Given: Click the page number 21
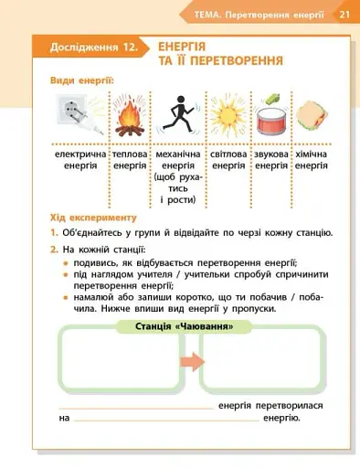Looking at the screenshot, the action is [x=344, y=15].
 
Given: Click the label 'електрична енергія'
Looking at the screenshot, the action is [x=80, y=161].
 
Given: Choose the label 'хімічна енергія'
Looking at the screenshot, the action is [x=312, y=161].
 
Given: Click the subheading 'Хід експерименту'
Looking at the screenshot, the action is [x=93, y=218].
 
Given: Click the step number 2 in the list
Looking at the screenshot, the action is [x=55, y=249].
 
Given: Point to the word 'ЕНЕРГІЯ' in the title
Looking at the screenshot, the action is [x=181, y=46].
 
